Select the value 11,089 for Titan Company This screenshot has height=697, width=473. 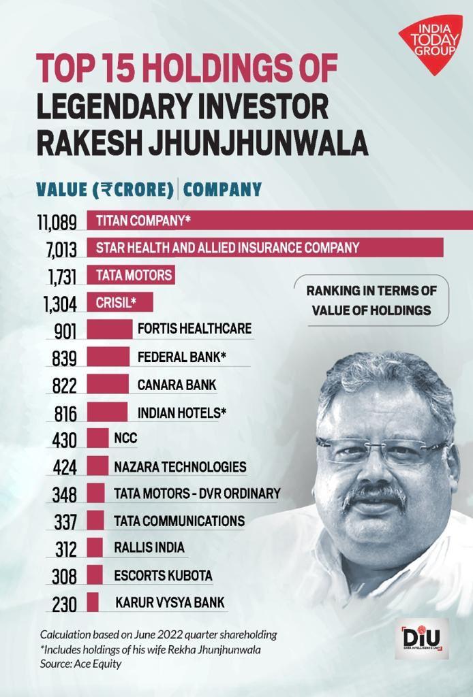(x=58, y=221)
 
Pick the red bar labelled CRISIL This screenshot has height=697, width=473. (x=119, y=302)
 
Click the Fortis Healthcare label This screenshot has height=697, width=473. (x=194, y=329)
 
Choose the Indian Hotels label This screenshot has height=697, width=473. (x=182, y=412)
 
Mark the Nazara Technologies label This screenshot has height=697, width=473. (x=180, y=467)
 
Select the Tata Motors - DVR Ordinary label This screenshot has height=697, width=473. (x=197, y=493)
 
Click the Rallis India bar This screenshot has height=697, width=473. (x=95, y=548)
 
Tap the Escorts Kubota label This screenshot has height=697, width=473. (x=163, y=575)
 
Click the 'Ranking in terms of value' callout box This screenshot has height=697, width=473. (x=371, y=300)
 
